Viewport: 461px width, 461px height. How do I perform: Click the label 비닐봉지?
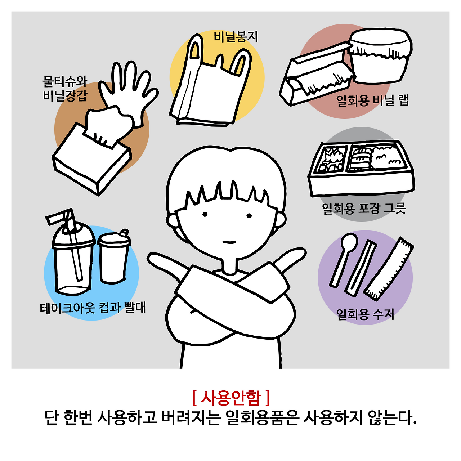tap(236, 37)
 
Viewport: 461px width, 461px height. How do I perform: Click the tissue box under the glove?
tap(92, 158)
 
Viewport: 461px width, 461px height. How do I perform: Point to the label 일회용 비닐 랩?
tap(372, 100)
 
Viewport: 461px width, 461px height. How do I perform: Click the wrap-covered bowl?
tap(380, 56)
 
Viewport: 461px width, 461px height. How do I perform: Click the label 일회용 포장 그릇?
tap(364, 208)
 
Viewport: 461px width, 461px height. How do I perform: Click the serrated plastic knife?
tap(389, 269)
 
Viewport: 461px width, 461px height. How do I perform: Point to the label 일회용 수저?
tap(365, 314)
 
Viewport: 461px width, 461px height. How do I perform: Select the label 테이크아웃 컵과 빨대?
tap(93, 308)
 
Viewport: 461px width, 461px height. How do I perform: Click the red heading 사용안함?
tap(231, 398)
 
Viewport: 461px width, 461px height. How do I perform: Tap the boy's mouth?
tap(229, 242)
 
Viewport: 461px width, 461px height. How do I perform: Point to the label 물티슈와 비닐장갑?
tap(65, 89)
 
